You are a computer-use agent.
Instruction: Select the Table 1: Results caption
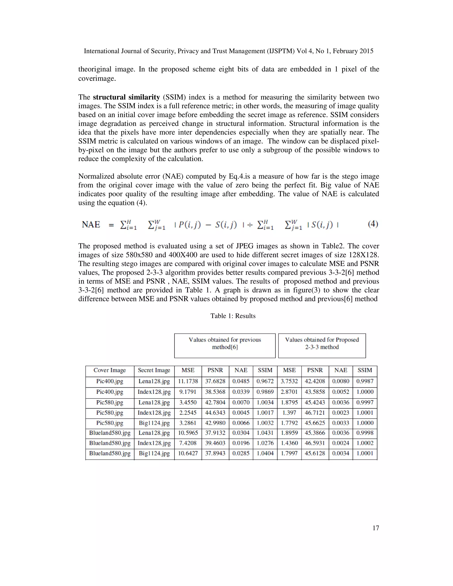[x=233, y=316]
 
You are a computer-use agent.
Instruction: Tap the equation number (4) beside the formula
[x=373, y=224]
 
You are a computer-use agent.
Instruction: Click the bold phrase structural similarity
[x=126, y=97]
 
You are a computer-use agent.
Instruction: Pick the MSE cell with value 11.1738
[x=188, y=381]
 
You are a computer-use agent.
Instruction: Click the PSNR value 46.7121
[x=315, y=413]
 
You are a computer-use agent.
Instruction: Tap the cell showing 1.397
[x=289, y=413]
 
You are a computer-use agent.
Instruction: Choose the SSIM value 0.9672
[x=265, y=381]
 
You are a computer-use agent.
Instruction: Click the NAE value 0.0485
[x=241, y=381]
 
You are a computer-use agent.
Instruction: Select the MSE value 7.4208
[x=188, y=443]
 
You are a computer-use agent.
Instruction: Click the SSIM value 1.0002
[x=365, y=443]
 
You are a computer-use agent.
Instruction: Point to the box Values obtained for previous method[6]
[x=225, y=346]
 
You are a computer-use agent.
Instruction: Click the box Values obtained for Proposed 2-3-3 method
[x=322, y=346]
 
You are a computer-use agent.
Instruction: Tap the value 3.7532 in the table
[x=289, y=381]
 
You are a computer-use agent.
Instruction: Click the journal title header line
[x=228, y=51]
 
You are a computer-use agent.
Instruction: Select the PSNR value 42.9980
[x=215, y=423]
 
